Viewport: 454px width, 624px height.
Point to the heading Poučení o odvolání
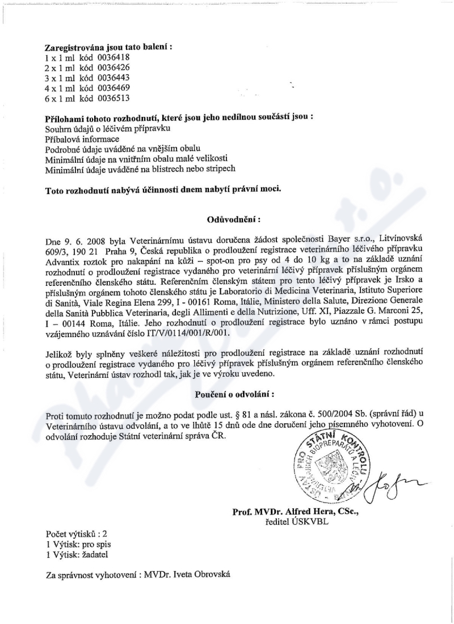(232, 393)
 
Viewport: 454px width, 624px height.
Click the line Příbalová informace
(82, 139)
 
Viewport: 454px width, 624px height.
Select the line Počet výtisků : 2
(76, 534)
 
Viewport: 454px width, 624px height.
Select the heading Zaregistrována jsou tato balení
(108, 48)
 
